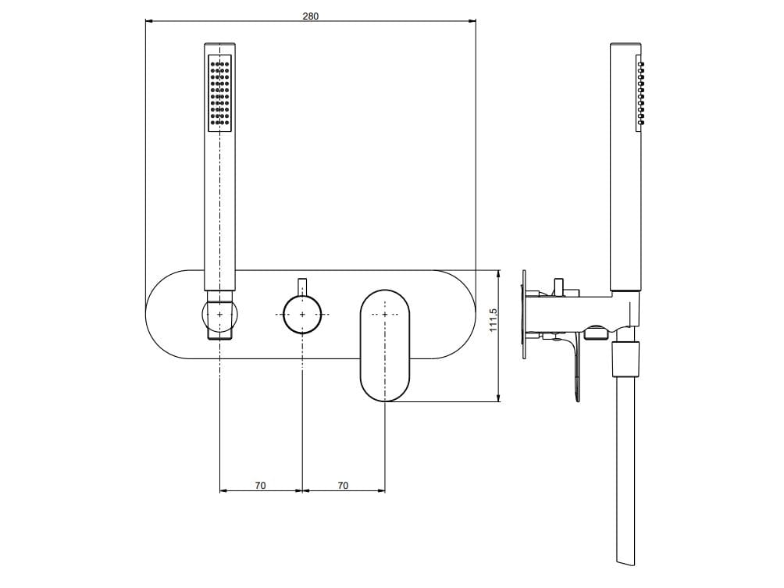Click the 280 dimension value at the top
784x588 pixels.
click(x=310, y=16)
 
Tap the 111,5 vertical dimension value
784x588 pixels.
click(x=493, y=320)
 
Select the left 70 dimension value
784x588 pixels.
click(x=260, y=486)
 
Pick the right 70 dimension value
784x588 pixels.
click(x=343, y=486)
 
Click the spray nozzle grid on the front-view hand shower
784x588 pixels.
click(x=219, y=92)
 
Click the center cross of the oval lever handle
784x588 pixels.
click(x=385, y=314)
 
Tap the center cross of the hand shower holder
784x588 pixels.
click(x=220, y=314)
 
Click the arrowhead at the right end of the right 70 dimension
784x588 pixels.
click(x=382, y=490)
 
